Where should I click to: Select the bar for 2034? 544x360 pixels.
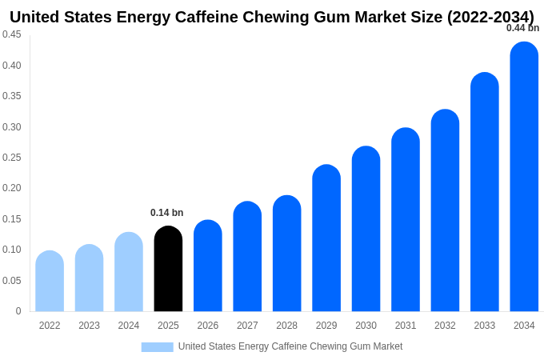524,177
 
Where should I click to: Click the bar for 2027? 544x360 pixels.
247,257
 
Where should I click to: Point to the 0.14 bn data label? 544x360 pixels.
167,213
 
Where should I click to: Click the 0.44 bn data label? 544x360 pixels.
522,28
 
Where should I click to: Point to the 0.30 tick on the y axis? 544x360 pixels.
11,127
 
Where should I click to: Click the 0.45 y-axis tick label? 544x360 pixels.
11,34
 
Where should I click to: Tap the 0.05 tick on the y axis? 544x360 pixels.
11,281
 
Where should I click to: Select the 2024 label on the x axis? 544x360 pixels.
129,326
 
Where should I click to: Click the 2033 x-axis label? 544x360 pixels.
485,326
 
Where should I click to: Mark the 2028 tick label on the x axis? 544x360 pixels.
286,326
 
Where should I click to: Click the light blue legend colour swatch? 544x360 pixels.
157,347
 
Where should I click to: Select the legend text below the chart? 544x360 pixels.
290,346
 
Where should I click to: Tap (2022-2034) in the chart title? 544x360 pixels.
490,17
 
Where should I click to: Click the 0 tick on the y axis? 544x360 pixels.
18,311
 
